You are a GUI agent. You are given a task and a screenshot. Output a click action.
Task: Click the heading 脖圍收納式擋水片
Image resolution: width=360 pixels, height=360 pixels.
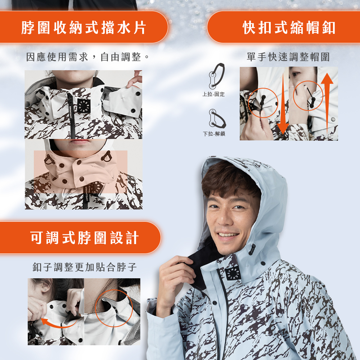[x=84, y=28]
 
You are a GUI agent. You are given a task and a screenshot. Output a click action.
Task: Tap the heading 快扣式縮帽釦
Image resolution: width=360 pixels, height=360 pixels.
[x=289, y=28]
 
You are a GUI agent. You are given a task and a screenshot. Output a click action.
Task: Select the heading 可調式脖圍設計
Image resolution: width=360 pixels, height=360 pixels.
[x=85, y=238]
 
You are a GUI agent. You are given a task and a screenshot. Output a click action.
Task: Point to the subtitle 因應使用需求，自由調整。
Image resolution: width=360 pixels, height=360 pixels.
[x=87, y=57]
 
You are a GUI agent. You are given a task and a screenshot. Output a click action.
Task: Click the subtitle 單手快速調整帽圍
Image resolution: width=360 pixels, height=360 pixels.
[x=288, y=57]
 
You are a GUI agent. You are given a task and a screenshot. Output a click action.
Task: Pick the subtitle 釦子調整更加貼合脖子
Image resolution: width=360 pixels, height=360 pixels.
[x=85, y=267]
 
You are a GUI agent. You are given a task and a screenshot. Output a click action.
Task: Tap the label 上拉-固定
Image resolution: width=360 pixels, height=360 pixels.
[x=213, y=94]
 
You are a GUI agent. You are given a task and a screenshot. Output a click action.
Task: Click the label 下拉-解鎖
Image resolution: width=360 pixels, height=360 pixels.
[x=214, y=134]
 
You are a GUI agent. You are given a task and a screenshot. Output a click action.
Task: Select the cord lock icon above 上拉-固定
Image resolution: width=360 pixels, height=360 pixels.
[x=216, y=76]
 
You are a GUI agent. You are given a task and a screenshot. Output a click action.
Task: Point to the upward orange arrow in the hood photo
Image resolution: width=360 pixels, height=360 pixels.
[x=327, y=103]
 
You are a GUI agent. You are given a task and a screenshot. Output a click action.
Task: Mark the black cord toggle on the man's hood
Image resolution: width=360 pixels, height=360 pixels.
[x=252, y=249]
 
